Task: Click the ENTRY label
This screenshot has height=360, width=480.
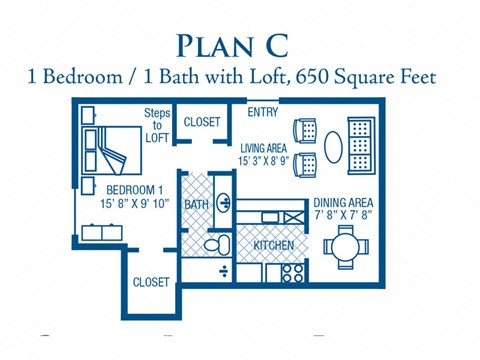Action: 263,112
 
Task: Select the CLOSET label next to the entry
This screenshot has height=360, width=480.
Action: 201,122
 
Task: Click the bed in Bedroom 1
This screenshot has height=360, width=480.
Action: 113,150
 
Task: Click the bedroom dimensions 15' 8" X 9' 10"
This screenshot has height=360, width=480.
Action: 135,203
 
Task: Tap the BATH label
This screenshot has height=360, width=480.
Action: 196,206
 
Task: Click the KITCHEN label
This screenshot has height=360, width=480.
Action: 273,244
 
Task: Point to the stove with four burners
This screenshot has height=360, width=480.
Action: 294,271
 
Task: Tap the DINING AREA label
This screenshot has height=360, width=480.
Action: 343,201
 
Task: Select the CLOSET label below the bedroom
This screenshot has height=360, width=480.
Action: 151,283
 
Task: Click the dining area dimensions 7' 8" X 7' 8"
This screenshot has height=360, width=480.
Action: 343,214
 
